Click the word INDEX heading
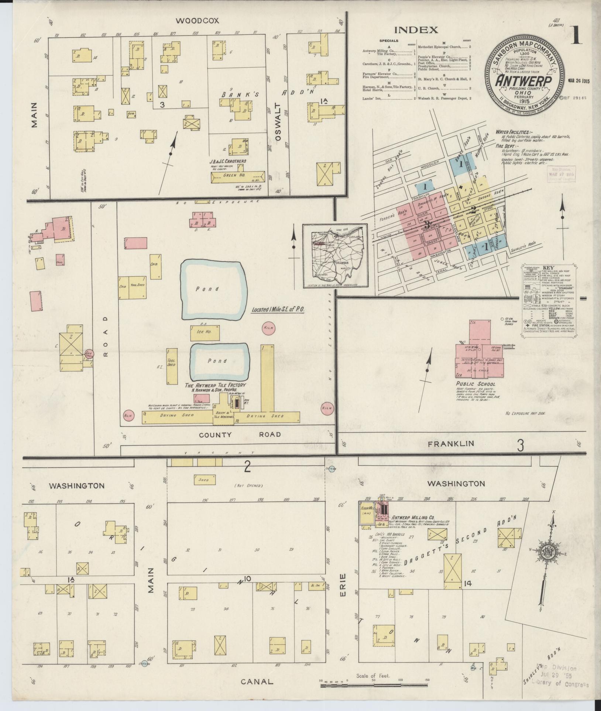[416, 30]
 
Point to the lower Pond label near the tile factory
[217, 361]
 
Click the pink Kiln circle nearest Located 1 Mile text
[267, 328]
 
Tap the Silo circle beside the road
[89, 354]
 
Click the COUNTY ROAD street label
[240, 435]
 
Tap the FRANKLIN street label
[451, 444]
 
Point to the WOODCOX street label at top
[192, 21]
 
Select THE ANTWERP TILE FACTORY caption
[215, 385]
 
